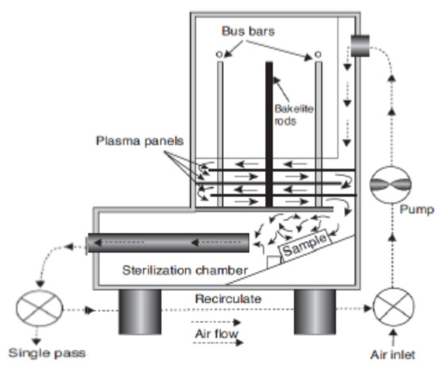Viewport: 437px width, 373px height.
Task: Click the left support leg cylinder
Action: pos(140,310)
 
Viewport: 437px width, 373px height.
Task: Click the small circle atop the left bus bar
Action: pos(219,54)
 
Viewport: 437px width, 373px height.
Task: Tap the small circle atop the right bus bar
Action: pos(318,54)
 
